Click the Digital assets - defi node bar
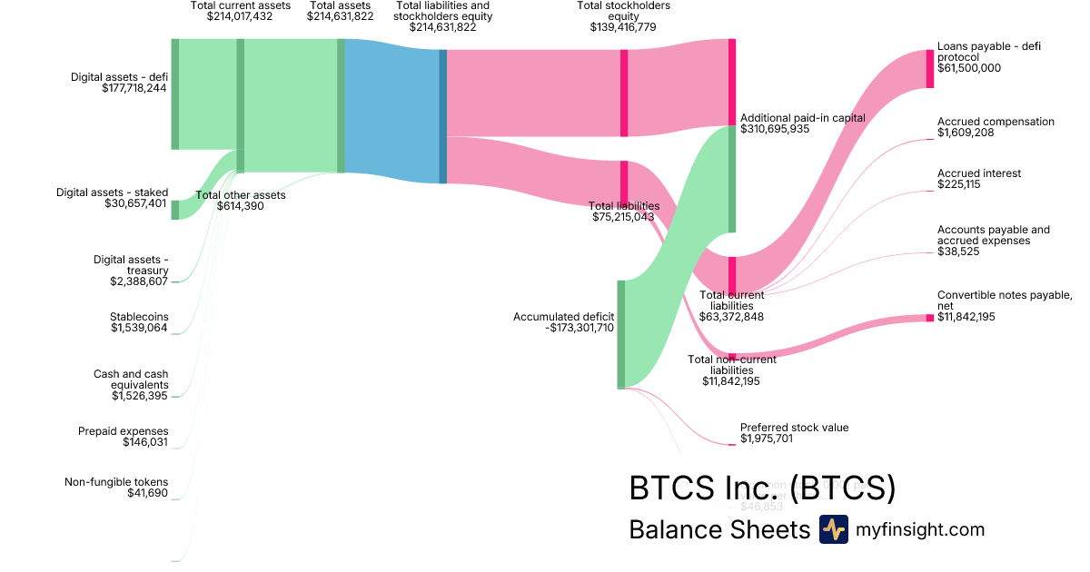(175, 94)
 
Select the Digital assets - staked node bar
(175, 210)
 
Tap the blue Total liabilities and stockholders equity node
(443, 116)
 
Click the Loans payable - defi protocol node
(929, 68)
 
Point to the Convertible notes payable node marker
(929, 318)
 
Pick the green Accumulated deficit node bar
(621, 334)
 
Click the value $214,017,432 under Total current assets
(240, 16)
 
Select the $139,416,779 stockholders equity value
(623, 27)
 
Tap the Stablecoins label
(139, 317)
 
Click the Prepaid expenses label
(123, 431)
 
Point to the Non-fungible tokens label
(116, 482)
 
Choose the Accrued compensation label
(996, 122)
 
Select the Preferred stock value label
(794, 428)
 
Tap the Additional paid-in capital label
(802, 118)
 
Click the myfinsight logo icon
(833, 529)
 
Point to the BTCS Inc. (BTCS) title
(762, 488)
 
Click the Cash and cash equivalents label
(131, 380)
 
